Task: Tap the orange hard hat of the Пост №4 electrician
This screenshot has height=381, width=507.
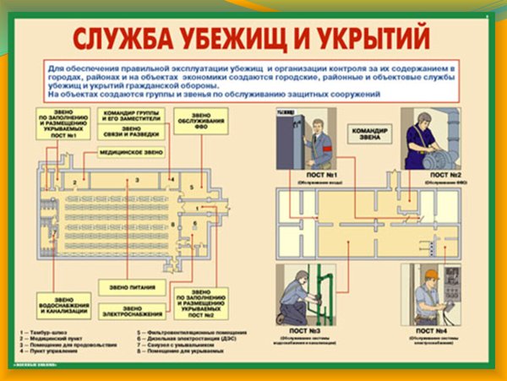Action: (x=430, y=275)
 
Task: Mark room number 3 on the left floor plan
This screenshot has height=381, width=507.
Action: (x=129, y=182)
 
